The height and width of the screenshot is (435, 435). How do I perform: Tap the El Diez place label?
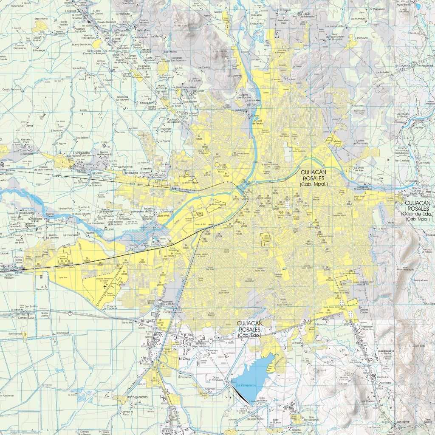tap(184, 359)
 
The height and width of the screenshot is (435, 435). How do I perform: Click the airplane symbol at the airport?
tap(105, 287)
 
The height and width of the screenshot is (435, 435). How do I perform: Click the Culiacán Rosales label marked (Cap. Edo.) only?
tap(250, 329)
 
